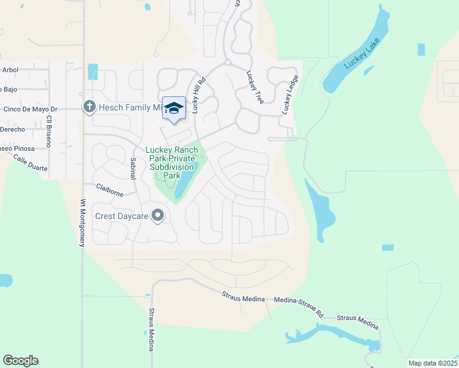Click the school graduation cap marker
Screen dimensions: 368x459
pos(174,108)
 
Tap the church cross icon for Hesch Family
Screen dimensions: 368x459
pos(89,107)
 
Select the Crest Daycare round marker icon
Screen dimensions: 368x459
pos(158,215)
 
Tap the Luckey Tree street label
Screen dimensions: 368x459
pos(254,87)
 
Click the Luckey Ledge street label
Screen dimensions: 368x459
pos(290,94)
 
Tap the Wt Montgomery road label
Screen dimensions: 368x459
pos(82,223)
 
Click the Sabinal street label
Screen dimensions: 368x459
pos(133,168)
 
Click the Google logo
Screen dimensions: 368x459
pos(20,360)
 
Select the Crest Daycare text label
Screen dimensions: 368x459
pos(122,216)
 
